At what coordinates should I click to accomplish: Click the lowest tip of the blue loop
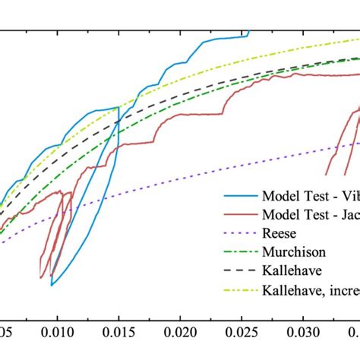pyautogui.click(x=52, y=285)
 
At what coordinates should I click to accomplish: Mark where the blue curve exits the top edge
pyautogui.click(x=248, y=32)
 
